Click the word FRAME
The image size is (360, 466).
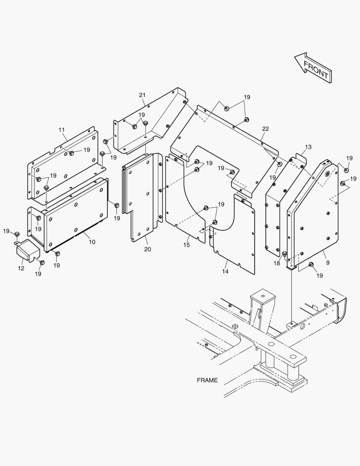pyautogui.click(x=207, y=381)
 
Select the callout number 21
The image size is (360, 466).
pyautogui.click(x=142, y=95)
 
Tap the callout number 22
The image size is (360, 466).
pyautogui.click(x=265, y=129)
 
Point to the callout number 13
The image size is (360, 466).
pyautogui.click(x=308, y=147)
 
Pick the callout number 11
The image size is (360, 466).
pyautogui.click(x=62, y=130)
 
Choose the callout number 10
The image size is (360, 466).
pyautogui.click(x=92, y=242)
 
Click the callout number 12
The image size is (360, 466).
pyautogui.click(x=21, y=268)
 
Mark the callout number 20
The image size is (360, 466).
pyautogui.click(x=147, y=249)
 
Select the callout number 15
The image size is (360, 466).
pyautogui.click(x=186, y=245)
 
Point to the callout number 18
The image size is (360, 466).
pyautogui.click(x=277, y=263)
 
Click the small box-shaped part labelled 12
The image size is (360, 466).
pyautogui.click(x=28, y=251)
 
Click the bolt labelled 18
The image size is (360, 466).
pyautogui.click(x=285, y=254)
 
